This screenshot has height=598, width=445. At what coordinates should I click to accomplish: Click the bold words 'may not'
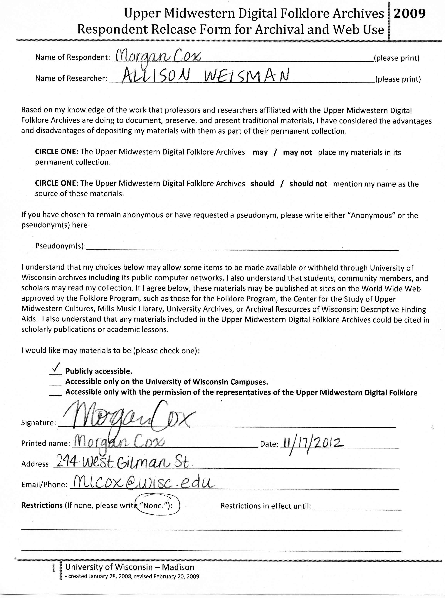click(297, 152)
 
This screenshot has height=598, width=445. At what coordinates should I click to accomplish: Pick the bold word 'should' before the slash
click(262, 184)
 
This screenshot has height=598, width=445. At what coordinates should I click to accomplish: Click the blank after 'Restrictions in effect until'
click(357, 507)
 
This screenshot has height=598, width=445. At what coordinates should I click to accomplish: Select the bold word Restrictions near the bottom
click(42, 505)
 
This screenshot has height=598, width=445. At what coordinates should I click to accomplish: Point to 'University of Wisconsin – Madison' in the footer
click(130, 567)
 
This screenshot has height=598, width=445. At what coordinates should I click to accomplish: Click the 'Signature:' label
click(38, 423)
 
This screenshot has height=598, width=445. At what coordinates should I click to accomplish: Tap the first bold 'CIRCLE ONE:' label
click(57, 152)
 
